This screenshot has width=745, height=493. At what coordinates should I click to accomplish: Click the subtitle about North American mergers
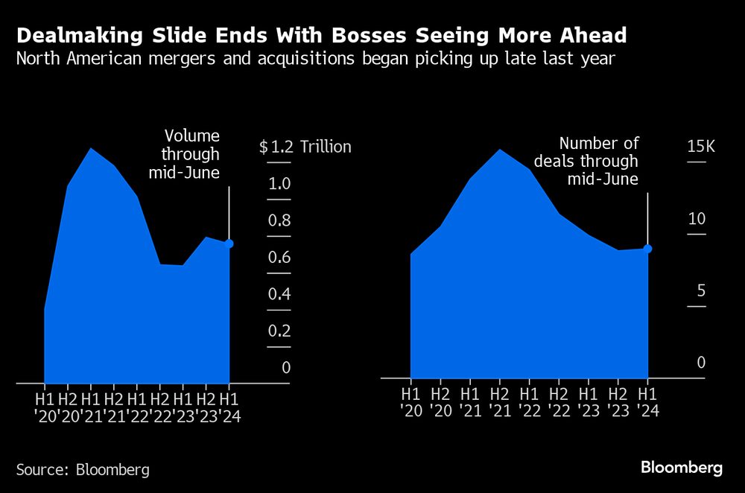click(316, 59)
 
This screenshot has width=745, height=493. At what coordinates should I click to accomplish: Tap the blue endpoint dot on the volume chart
click(229, 244)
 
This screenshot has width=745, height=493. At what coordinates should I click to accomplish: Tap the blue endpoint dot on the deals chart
click(648, 249)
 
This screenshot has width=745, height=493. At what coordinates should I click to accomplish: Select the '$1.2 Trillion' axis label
click(305, 147)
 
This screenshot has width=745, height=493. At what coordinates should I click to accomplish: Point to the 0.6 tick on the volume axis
click(279, 258)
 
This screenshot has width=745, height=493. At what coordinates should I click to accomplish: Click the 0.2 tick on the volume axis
click(279, 331)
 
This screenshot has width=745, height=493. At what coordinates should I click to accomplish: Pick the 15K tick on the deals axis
click(700, 146)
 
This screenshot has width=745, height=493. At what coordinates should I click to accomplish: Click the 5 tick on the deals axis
click(700, 290)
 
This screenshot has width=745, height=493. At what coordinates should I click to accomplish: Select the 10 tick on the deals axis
click(697, 219)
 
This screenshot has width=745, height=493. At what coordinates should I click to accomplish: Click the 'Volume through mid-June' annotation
click(191, 154)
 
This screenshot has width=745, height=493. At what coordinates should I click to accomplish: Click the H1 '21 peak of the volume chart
click(91, 149)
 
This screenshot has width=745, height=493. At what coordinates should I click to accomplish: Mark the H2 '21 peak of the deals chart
click(499, 150)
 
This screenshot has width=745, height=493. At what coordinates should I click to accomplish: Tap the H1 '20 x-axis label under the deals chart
click(410, 401)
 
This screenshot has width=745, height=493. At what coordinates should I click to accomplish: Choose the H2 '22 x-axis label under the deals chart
click(558, 401)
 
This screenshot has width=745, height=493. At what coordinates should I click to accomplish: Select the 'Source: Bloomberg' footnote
click(83, 470)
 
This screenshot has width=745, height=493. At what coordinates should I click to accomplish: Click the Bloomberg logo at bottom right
click(682, 468)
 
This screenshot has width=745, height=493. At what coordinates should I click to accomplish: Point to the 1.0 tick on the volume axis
click(279, 184)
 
